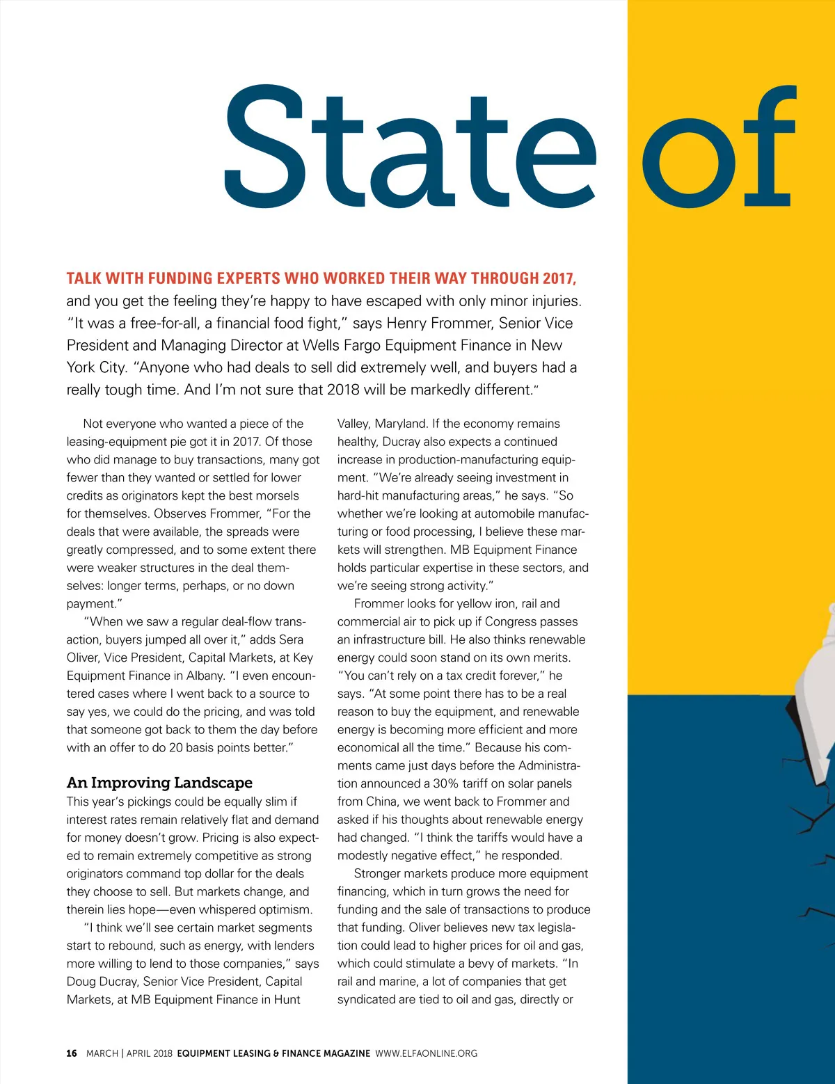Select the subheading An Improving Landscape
pos(159,783)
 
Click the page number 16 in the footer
pos(72,1053)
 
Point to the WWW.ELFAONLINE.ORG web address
pos(427,1053)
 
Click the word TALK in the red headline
pos(83,279)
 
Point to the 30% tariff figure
pos(445,783)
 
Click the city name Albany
pos(204,676)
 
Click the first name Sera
pos(292,639)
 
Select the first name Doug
pos(81,982)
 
